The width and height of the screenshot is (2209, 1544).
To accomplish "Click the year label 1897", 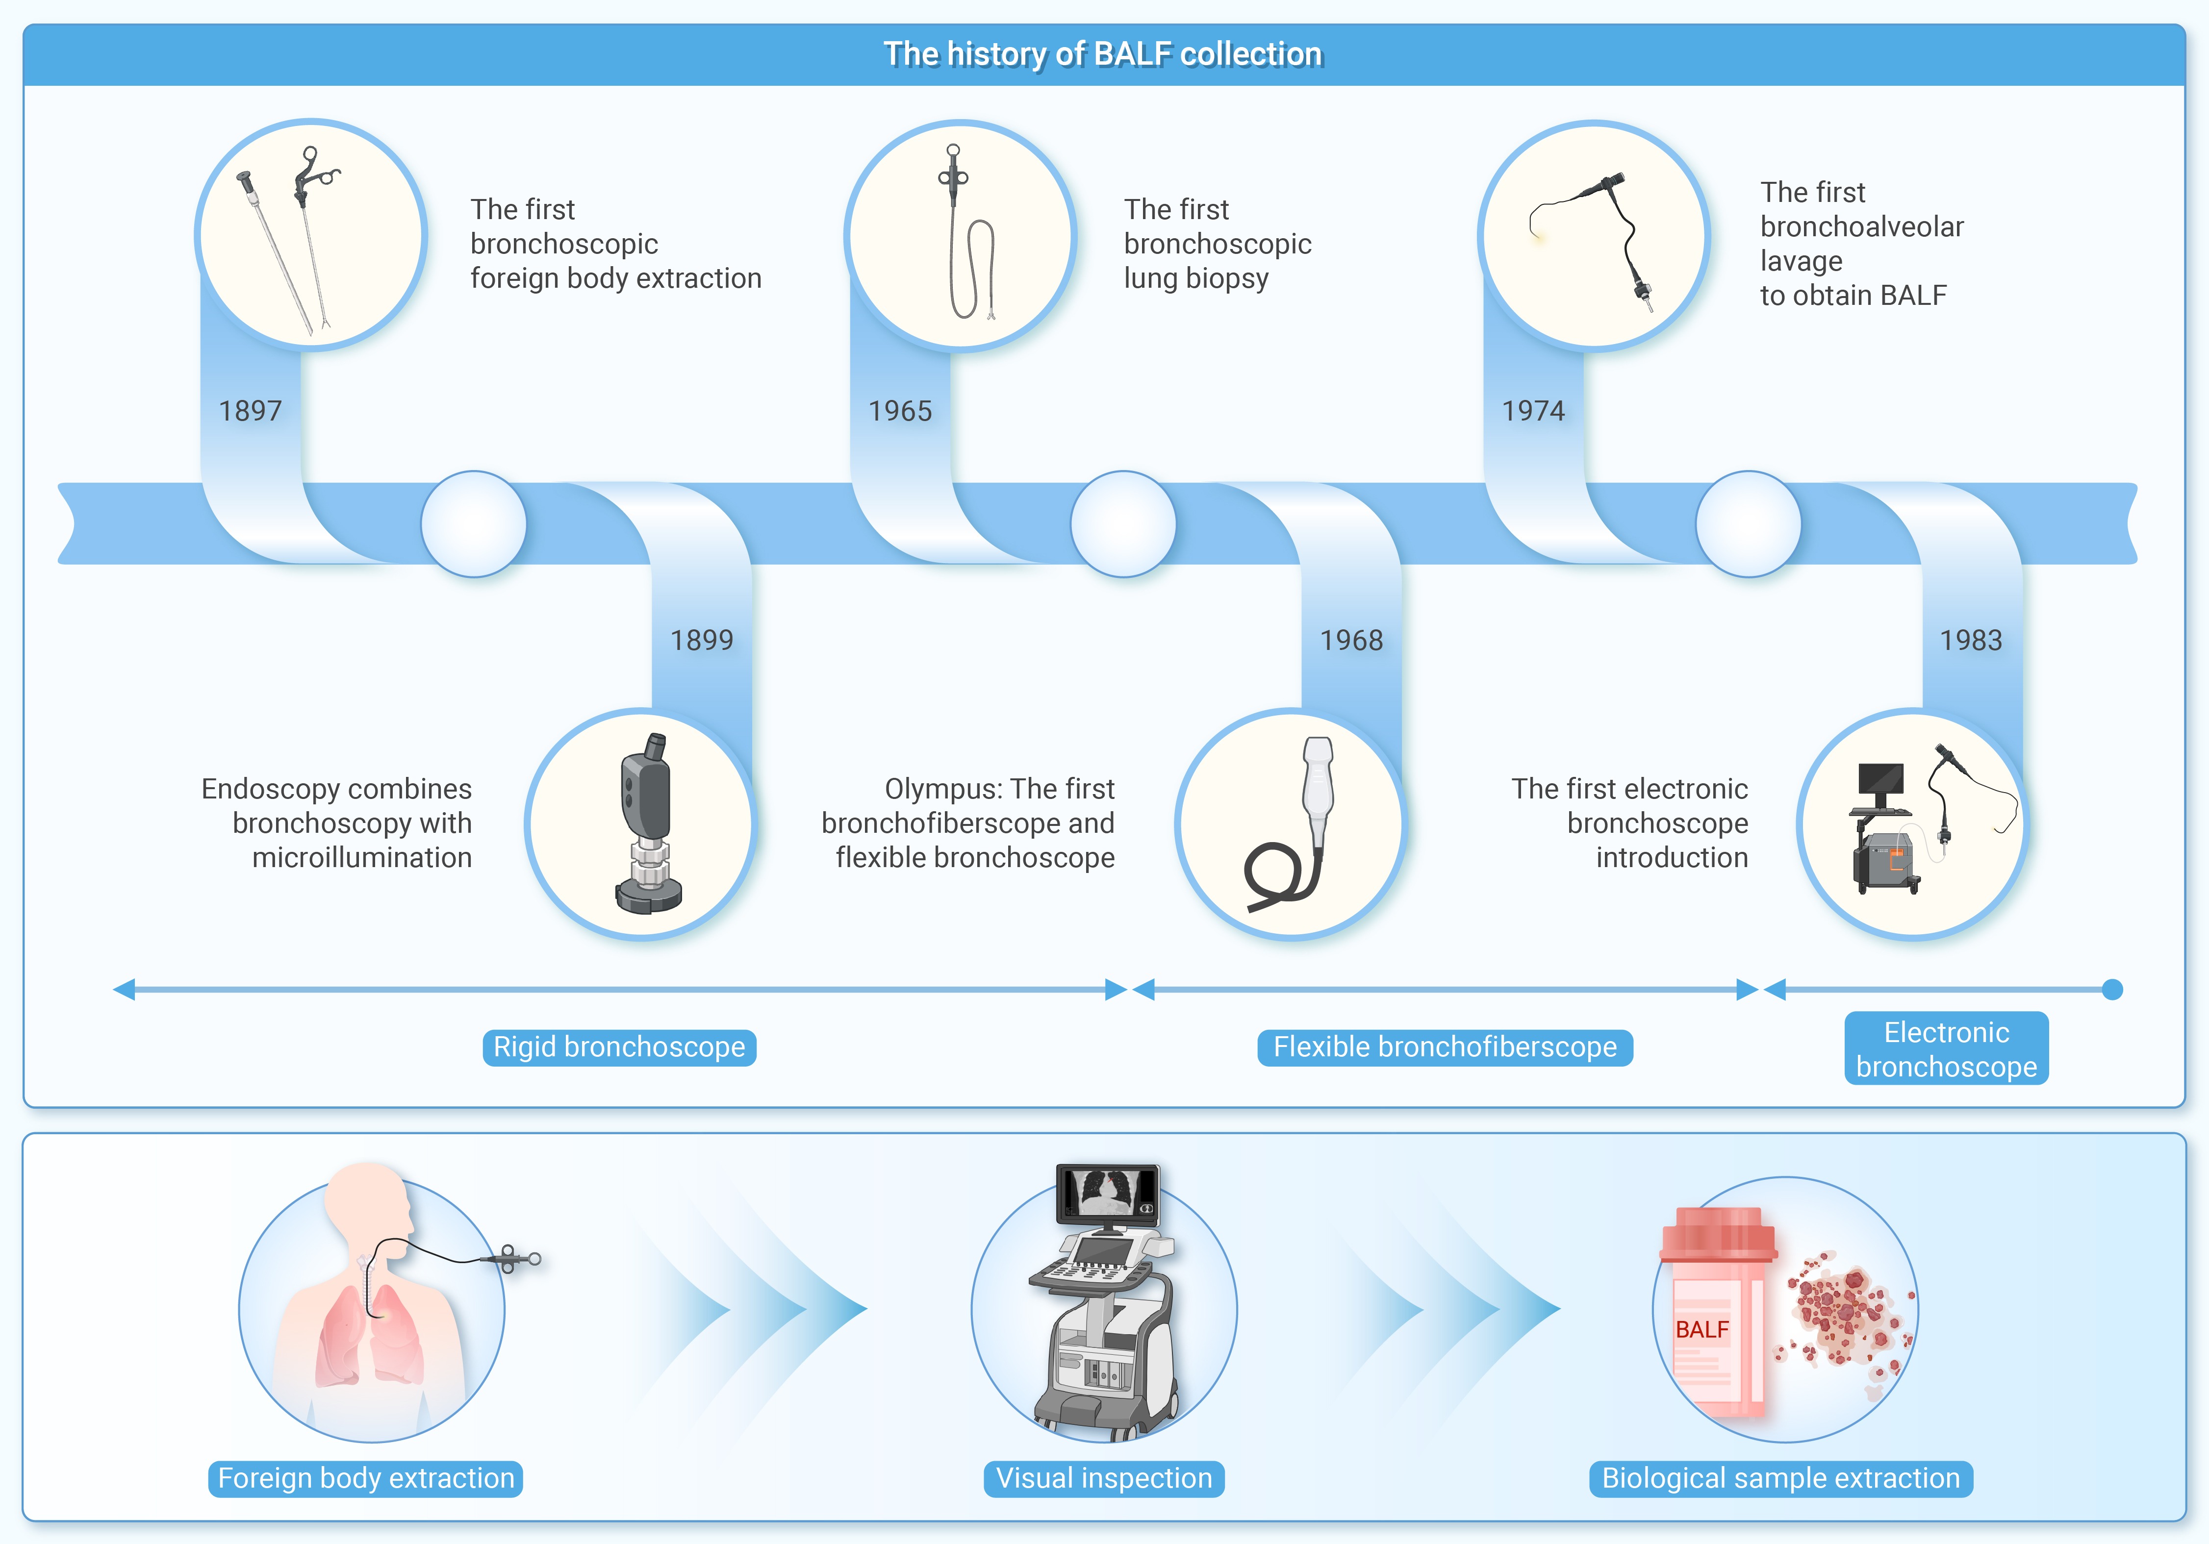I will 250,411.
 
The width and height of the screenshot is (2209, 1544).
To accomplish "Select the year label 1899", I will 701,640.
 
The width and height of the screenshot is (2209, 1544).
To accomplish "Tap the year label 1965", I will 900,411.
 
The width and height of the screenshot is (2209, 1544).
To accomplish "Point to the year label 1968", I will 1351,640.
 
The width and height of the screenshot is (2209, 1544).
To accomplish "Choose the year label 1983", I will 1970,640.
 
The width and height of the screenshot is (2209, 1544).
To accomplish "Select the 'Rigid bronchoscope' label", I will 619,1046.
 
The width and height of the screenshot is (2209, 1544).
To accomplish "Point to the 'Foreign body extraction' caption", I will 366,1478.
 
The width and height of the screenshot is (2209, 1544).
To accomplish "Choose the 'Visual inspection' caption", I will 1104,1478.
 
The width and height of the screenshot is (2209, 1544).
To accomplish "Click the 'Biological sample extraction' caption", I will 1780,1478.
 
